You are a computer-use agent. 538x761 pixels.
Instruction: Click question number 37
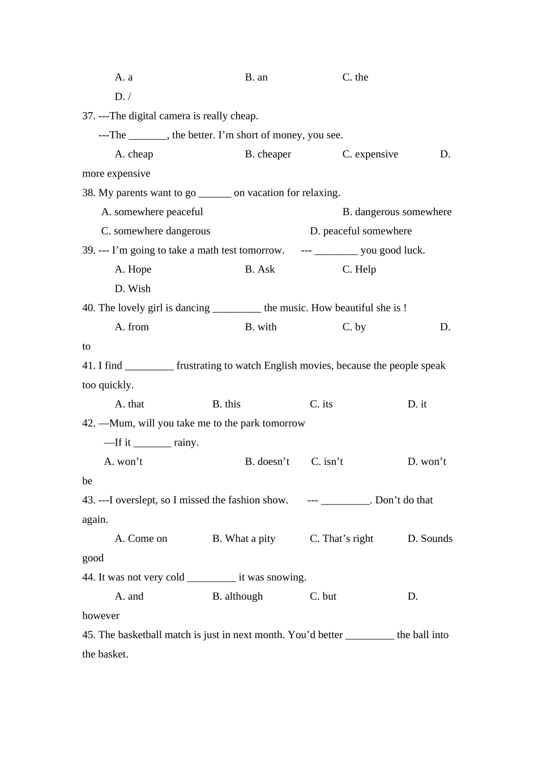click(x=89, y=116)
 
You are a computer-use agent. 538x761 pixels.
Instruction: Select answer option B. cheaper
click(x=268, y=155)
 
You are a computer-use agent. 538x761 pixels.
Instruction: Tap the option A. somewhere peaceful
click(x=152, y=212)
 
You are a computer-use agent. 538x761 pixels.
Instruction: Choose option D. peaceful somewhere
click(x=361, y=232)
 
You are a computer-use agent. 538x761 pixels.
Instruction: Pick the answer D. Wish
click(x=133, y=289)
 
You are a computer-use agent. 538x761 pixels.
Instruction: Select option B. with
click(x=261, y=327)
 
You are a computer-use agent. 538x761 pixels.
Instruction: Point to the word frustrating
click(x=204, y=366)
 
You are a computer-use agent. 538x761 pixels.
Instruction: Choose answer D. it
click(x=417, y=404)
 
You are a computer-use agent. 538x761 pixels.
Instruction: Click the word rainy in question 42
click(x=186, y=443)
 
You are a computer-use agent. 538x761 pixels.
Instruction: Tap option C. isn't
click(x=327, y=462)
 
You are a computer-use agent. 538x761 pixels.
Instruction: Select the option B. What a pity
click(x=244, y=539)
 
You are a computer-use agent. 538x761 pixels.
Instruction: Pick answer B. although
click(x=237, y=597)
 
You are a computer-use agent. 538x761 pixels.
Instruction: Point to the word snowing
click(x=287, y=578)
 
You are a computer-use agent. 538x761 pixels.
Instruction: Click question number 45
click(x=89, y=635)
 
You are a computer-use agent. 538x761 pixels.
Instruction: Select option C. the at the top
click(x=355, y=78)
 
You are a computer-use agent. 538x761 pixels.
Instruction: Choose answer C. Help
click(x=359, y=270)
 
